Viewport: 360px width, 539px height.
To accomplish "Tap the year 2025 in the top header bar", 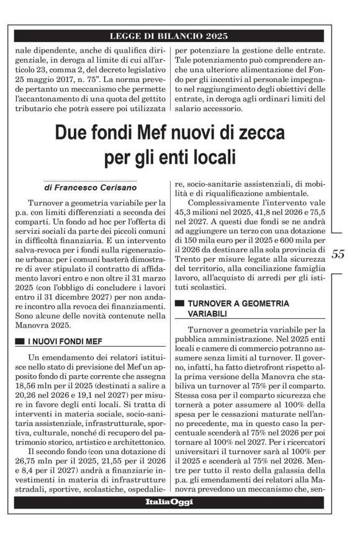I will pyautogui.click(x=227, y=35).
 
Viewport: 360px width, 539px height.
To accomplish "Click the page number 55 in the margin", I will pyautogui.click(x=338, y=254).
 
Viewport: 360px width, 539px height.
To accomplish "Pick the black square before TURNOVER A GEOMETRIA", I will pyautogui.click(x=180, y=303).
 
